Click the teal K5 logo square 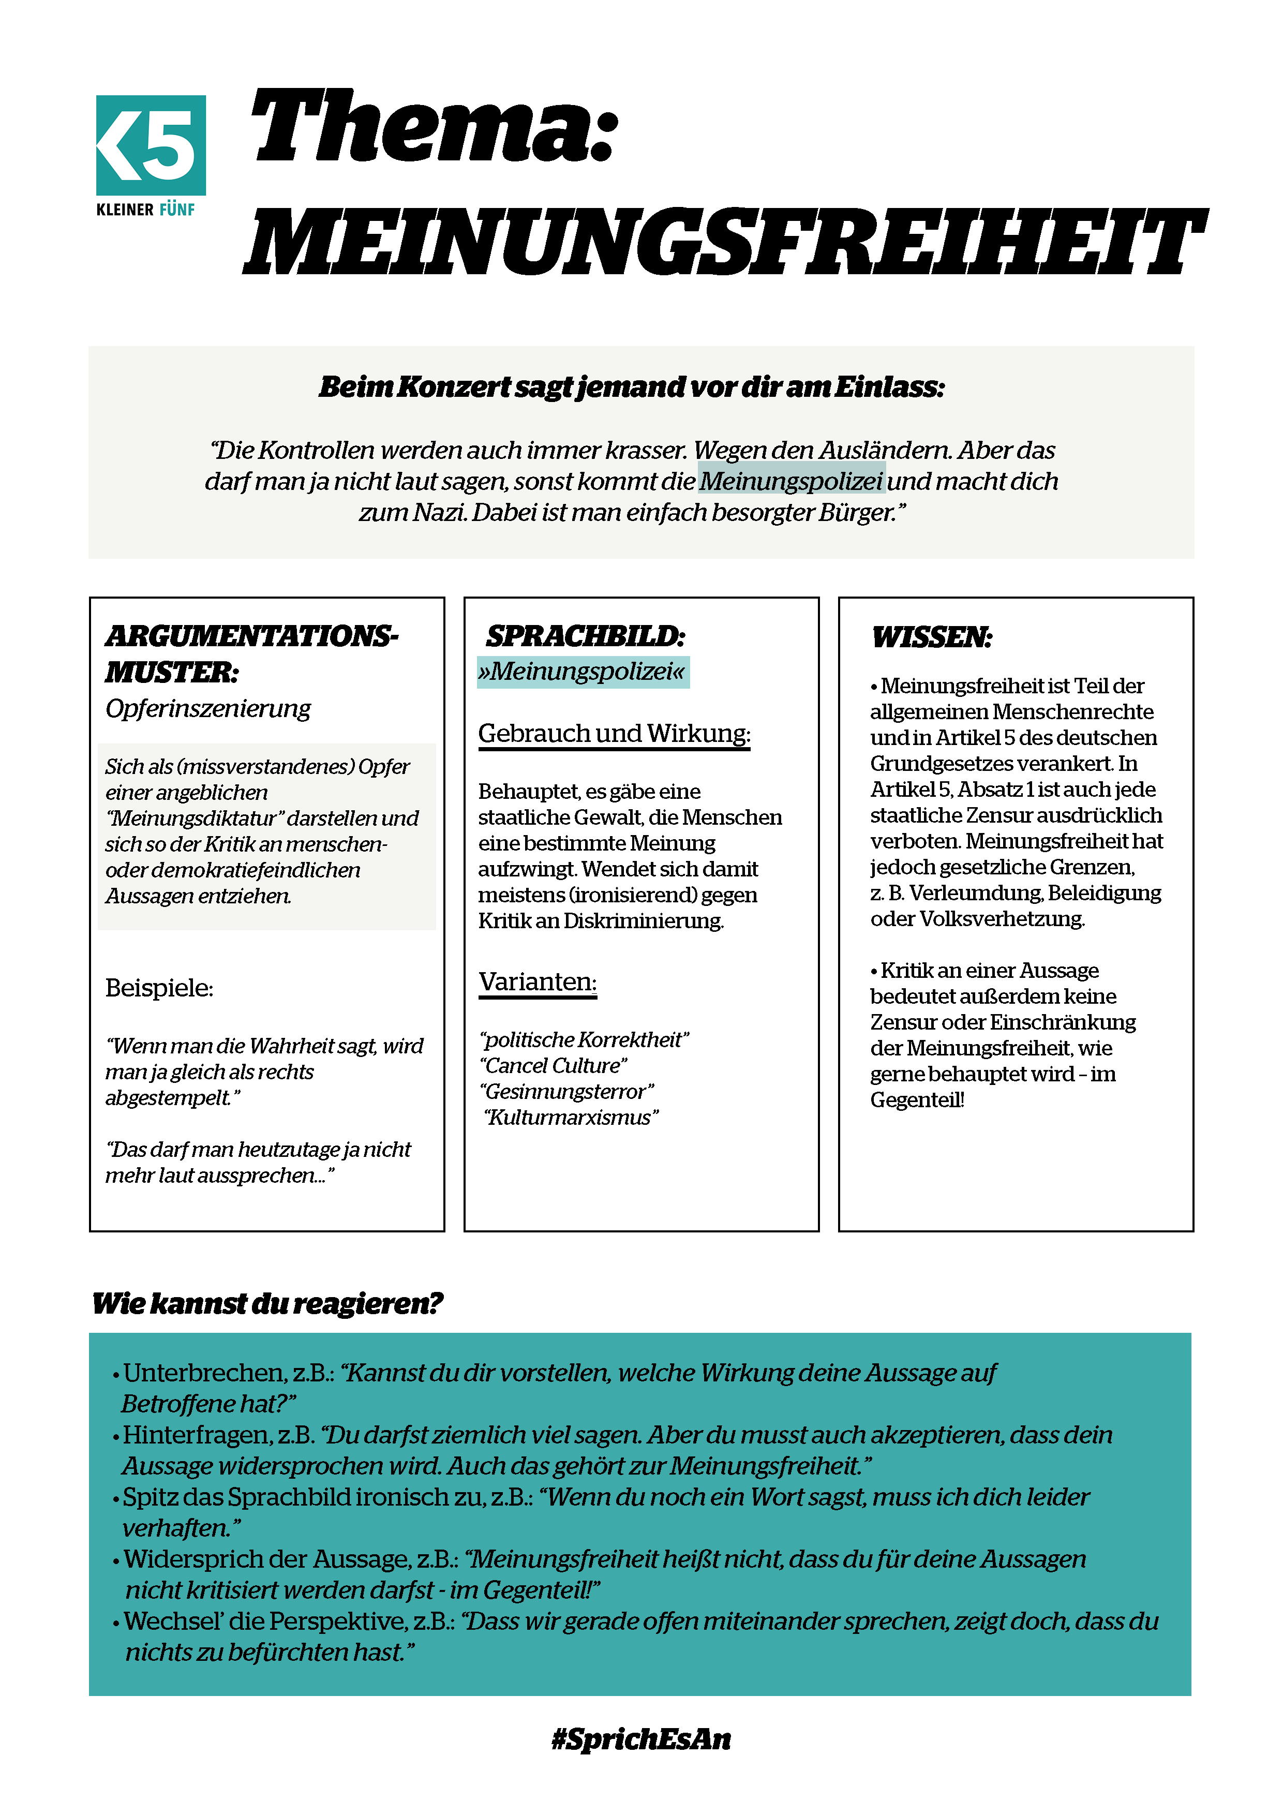pos(151,145)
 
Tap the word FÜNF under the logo pos(177,210)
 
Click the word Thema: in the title pos(433,126)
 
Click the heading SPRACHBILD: pos(585,635)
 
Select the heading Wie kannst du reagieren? pos(267,1303)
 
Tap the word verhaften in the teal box pos(175,1528)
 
